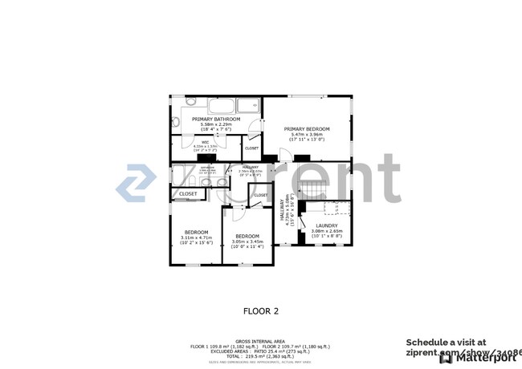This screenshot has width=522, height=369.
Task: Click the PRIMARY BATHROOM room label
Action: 216,120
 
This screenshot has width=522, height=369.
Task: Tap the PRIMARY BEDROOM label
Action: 308,128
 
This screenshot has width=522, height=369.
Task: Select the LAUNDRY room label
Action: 326,225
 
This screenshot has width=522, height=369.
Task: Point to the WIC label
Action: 206,142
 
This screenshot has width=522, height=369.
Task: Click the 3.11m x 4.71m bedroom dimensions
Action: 196,237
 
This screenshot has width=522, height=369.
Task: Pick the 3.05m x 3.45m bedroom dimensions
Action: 247,241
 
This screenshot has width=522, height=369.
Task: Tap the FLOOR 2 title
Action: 260,310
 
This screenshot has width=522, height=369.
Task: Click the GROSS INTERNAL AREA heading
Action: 261,341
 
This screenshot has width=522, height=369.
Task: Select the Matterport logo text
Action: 483,358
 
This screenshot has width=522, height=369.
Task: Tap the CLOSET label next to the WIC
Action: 251,148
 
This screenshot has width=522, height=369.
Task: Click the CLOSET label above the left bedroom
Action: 188,193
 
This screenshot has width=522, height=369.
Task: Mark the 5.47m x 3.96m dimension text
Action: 308,134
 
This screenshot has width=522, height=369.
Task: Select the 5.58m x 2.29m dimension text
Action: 216,124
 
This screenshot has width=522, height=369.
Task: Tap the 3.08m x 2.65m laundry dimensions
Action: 326,231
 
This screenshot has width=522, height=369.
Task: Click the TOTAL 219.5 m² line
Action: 261,355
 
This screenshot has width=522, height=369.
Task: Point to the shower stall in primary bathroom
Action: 248,105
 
